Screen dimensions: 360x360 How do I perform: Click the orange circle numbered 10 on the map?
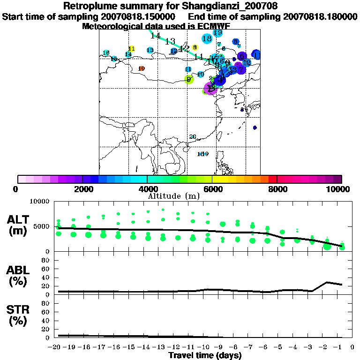pos(142,68)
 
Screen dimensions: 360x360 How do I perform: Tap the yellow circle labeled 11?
pos(132,49)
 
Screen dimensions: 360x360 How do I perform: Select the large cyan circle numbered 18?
pos(207,38)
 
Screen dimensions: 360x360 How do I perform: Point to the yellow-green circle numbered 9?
pos(189,80)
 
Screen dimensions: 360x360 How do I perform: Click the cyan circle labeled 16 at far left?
pos(106,52)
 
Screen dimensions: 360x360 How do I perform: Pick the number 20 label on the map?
pos(192,136)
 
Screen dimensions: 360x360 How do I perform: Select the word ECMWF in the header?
pos(213,26)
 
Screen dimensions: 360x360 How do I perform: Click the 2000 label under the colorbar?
pos(82,189)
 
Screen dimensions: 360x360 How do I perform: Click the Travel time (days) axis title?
pos(205,355)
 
